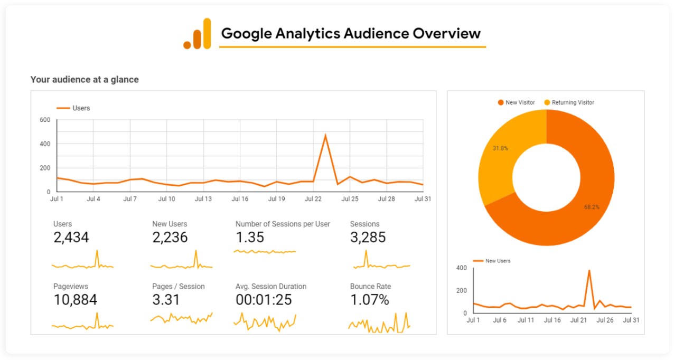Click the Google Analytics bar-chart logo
[x=197, y=34]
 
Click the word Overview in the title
[x=446, y=33]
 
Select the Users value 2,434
[x=71, y=238]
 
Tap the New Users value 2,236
[x=170, y=238]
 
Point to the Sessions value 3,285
[x=368, y=238]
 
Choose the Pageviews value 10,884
[x=75, y=300]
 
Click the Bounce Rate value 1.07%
[x=369, y=300]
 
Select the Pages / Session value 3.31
[x=166, y=300]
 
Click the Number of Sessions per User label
[x=283, y=224]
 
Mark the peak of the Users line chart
[x=325, y=135]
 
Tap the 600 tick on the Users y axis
[x=45, y=120]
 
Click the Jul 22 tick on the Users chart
[x=313, y=199]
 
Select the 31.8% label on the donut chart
[x=500, y=148]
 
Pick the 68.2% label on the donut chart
[x=592, y=207]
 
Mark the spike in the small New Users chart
[x=589, y=271]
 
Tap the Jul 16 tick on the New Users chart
[x=552, y=320]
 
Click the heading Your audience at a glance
[x=85, y=80]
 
